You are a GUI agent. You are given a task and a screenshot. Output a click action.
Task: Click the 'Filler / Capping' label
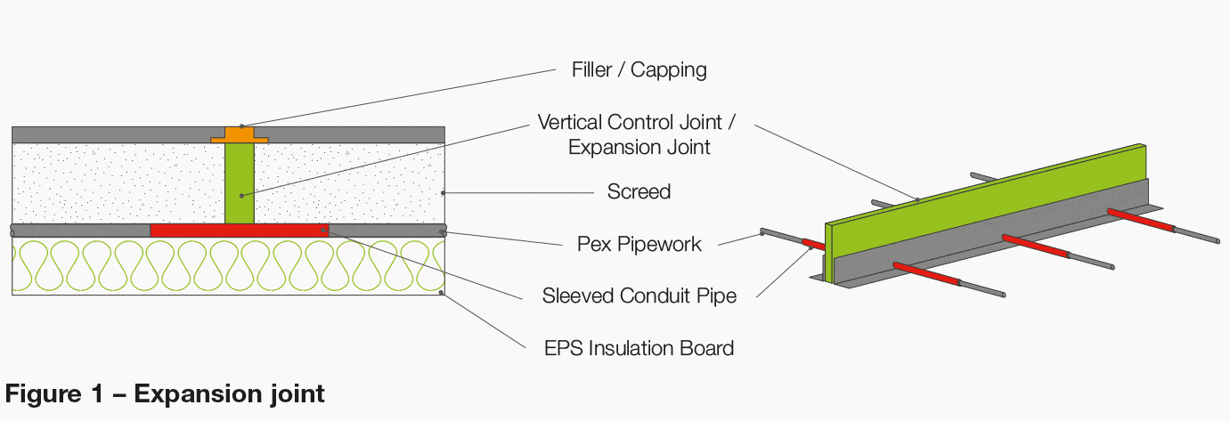pos(639,70)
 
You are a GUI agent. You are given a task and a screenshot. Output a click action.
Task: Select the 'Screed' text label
pos(639,191)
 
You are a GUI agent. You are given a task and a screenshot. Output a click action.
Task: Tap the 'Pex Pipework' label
pos(638,243)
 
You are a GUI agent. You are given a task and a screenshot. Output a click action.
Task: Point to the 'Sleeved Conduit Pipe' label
pos(639,296)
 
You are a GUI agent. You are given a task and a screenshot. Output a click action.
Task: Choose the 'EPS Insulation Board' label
pos(639,347)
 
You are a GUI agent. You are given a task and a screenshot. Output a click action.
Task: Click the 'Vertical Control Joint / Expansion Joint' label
pos(639,134)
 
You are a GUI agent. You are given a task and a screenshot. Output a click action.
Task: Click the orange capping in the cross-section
pos(239,135)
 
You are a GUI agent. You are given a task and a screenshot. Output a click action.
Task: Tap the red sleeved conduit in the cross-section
pos(239,231)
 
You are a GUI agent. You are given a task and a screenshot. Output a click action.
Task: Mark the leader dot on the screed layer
pos(443,192)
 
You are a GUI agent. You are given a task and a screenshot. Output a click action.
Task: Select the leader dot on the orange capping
pos(241,126)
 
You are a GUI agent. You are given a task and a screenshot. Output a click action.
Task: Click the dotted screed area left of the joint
pos(116,182)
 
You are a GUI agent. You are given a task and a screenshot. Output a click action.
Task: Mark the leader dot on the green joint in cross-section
pos(240,195)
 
